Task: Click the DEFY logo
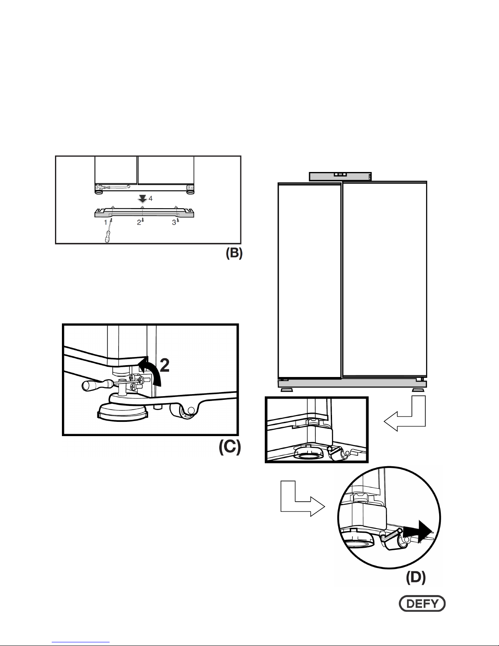pyautogui.click(x=422, y=604)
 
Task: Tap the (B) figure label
pyautogui.click(x=234, y=253)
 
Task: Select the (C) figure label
pyautogui.click(x=230, y=447)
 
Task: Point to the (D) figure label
pyautogui.click(x=416, y=578)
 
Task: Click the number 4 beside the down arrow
pyautogui.click(x=151, y=198)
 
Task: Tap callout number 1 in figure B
pyautogui.click(x=106, y=223)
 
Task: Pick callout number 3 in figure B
pyautogui.click(x=174, y=223)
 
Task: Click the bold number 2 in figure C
pyautogui.click(x=165, y=365)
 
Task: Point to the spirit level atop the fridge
pyautogui.click(x=340, y=176)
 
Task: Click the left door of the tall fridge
pyautogui.click(x=309, y=281)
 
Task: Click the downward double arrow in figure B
pyautogui.click(x=143, y=199)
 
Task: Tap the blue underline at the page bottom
pyautogui.click(x=81, y=642)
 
